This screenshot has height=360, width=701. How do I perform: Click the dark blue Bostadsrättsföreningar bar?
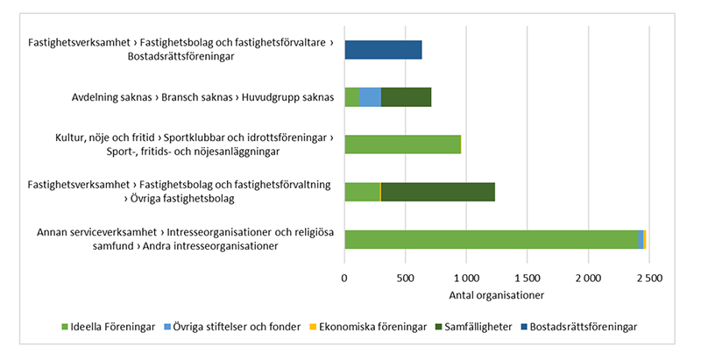pos(383,50)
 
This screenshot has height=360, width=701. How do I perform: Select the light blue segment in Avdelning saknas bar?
pos(370,97)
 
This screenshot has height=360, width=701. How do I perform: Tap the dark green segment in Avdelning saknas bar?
pos(406,97)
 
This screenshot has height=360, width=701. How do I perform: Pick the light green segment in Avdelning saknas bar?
pos(351,97)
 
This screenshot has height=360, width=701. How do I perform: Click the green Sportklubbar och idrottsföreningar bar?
pos(402,145)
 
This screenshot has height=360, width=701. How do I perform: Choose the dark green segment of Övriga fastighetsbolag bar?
pos(437,192)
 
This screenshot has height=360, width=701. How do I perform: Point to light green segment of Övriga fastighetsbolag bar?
pos(362,192)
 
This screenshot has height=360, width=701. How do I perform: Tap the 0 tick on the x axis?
pos(344,278)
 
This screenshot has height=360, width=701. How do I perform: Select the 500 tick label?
pos(405,278)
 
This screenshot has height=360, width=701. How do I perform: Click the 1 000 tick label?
pos(465,278)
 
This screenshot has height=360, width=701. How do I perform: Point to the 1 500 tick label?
pos(527,278)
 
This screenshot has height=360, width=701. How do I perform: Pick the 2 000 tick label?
pos(588,278)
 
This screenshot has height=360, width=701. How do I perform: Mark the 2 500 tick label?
pos(648,278)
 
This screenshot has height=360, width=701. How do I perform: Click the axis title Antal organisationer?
pos(496,293)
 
